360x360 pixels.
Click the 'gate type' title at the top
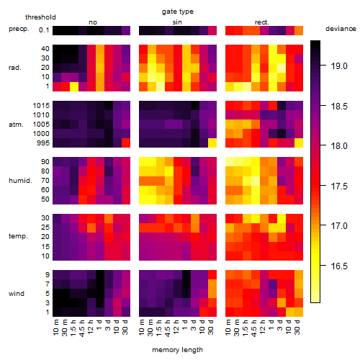point(178,12)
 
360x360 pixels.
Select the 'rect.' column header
point(261,22)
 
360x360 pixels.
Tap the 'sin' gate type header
point(177,22)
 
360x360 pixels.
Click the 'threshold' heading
point(40,17)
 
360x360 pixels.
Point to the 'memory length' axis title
point(177,350)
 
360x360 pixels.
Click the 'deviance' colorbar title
point(341,29)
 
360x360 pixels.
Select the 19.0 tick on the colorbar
point(339,66)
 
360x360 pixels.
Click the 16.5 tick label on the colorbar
point(339,266)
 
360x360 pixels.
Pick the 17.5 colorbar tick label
point(339,186)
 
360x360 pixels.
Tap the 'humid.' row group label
point(20,181)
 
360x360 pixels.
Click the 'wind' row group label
point(17,294)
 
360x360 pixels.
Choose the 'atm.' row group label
point(16,125)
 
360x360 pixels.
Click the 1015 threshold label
point(41,106)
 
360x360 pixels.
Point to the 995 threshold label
point(43,143)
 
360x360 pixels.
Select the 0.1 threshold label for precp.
point(44,30)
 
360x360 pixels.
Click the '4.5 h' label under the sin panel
point(168,328)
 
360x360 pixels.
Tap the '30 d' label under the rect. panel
point(297,327)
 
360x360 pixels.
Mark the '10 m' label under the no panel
point(55,327)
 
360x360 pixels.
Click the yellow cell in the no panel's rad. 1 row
point(74,86)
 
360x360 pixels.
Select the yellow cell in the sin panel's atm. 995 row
point(212,143)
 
